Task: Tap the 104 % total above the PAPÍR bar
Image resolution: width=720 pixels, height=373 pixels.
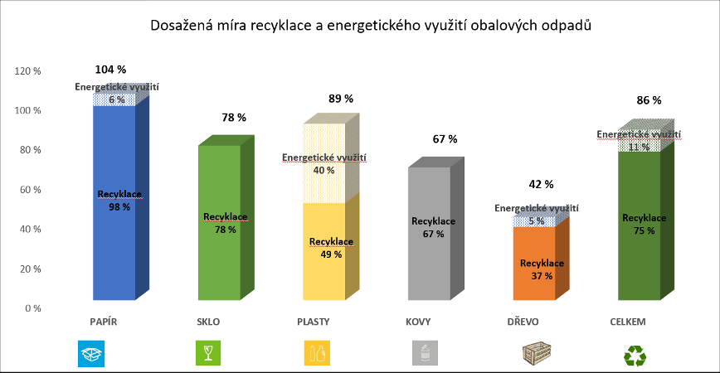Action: [x=111, y=70]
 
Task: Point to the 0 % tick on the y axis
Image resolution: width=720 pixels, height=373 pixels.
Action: [x=31, y=308]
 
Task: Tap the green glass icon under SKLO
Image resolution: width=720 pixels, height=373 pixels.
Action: [x=206, y=353]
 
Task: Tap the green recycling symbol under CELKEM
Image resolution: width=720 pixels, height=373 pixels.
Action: [x=635, y=354]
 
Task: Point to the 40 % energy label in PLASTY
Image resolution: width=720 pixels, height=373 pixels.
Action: [x=324, y=170]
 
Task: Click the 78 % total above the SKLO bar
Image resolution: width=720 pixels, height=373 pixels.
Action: [x=234, y=118]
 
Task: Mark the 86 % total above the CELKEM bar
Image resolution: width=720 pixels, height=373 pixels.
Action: [x=649, y=100]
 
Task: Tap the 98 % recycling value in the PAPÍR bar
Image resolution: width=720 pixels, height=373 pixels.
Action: [x=119, y=206]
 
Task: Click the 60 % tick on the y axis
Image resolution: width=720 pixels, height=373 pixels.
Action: [x=30, y=190]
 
